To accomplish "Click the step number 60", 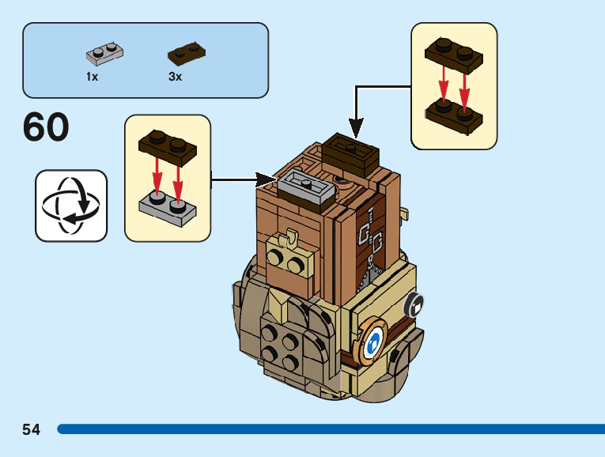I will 46,128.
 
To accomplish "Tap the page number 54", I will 32,429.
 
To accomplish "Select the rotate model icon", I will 71,206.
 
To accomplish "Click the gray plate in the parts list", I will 105,53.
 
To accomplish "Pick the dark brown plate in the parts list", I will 187,53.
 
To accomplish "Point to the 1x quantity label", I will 93,77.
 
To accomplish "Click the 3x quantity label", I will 175,77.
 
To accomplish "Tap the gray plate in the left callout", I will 168,205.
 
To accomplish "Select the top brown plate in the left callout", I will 168,148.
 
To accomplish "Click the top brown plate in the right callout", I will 454,54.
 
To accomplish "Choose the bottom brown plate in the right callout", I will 454,114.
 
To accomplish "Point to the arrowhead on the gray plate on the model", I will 271,180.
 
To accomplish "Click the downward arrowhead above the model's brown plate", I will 356,128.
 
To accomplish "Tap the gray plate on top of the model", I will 304,187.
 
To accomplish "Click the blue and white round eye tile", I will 374,341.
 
